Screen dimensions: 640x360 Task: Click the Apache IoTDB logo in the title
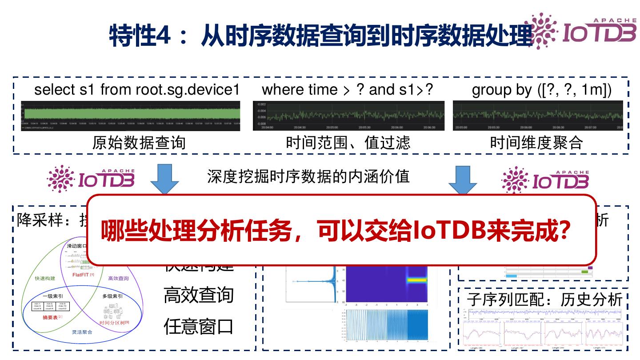pos(580,30)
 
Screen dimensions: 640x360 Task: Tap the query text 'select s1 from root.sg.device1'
pos(137,90)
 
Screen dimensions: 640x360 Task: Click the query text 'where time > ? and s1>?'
pos(348,90)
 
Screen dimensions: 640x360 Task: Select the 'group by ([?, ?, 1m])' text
pos(541,90)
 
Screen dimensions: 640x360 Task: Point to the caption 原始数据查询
pos(139,143)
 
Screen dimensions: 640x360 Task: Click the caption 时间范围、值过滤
pos(348,143)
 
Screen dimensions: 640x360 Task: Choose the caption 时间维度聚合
pos(536,143)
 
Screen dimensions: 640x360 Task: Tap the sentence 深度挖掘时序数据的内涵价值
pos(308,176)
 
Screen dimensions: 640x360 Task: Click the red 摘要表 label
pos(52,317)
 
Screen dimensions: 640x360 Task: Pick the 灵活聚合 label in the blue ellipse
pos(82,332)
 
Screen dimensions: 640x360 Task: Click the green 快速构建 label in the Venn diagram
pos(45,278)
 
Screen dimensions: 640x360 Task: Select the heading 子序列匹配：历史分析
pos(544,300)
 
